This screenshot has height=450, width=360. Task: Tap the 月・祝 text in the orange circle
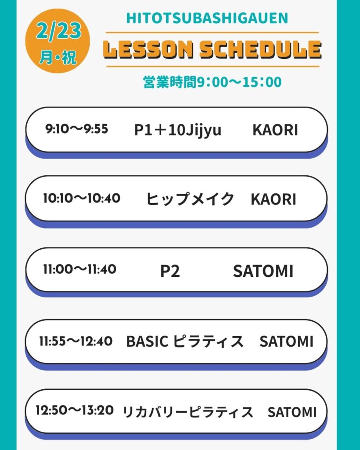coord(58,57)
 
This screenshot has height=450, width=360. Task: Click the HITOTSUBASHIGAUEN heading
coord(207,18)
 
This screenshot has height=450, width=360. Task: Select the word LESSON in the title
coord(148,50)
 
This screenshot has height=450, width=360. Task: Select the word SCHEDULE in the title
coord(261,50)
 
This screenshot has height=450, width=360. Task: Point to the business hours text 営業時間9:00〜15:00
coord(212,82)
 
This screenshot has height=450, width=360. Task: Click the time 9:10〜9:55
coord(76,129)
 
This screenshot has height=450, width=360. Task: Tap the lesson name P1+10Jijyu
coord(178,130)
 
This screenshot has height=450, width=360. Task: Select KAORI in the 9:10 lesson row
coord(275,130)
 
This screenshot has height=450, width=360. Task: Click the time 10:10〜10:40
coord(82,198)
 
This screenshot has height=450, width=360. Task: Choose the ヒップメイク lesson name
coord(190,199)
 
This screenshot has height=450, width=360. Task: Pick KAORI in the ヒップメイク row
coord(273,200)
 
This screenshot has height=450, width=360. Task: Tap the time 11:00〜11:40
coord(80,269)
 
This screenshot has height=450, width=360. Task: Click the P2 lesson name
coord(170,271)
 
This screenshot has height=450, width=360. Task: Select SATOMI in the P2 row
coord(263,271)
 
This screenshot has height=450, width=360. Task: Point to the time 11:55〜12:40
coord(76,341)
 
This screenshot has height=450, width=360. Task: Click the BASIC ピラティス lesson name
coord(185,341)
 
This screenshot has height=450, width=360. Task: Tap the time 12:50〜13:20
coord(75,410)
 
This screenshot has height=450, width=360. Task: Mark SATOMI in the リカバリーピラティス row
coord(292,412)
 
